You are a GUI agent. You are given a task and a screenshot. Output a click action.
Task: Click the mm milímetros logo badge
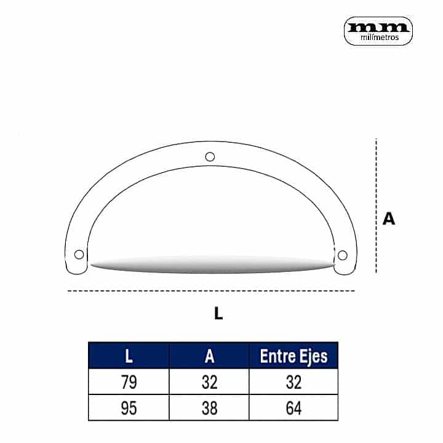[x=378, y=31]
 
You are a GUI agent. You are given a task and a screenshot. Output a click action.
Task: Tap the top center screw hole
[x=210, y=156]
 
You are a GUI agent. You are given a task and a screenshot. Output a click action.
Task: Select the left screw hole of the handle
[x=79, y=254]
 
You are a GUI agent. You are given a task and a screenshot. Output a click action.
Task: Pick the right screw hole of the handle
[x=343, y=255]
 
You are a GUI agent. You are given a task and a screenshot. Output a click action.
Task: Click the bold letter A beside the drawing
[x=388, y=218]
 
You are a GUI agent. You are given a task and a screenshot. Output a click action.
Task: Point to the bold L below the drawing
[x=218, y=313]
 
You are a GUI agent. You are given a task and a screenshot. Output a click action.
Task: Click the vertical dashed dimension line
[x=376, y=206]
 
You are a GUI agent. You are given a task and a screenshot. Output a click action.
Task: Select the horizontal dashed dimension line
[x=211, y=290]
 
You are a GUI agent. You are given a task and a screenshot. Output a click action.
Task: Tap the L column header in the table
[x=129, y=356]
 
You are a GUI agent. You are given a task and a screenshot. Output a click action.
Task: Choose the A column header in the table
[x=209, y=356]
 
